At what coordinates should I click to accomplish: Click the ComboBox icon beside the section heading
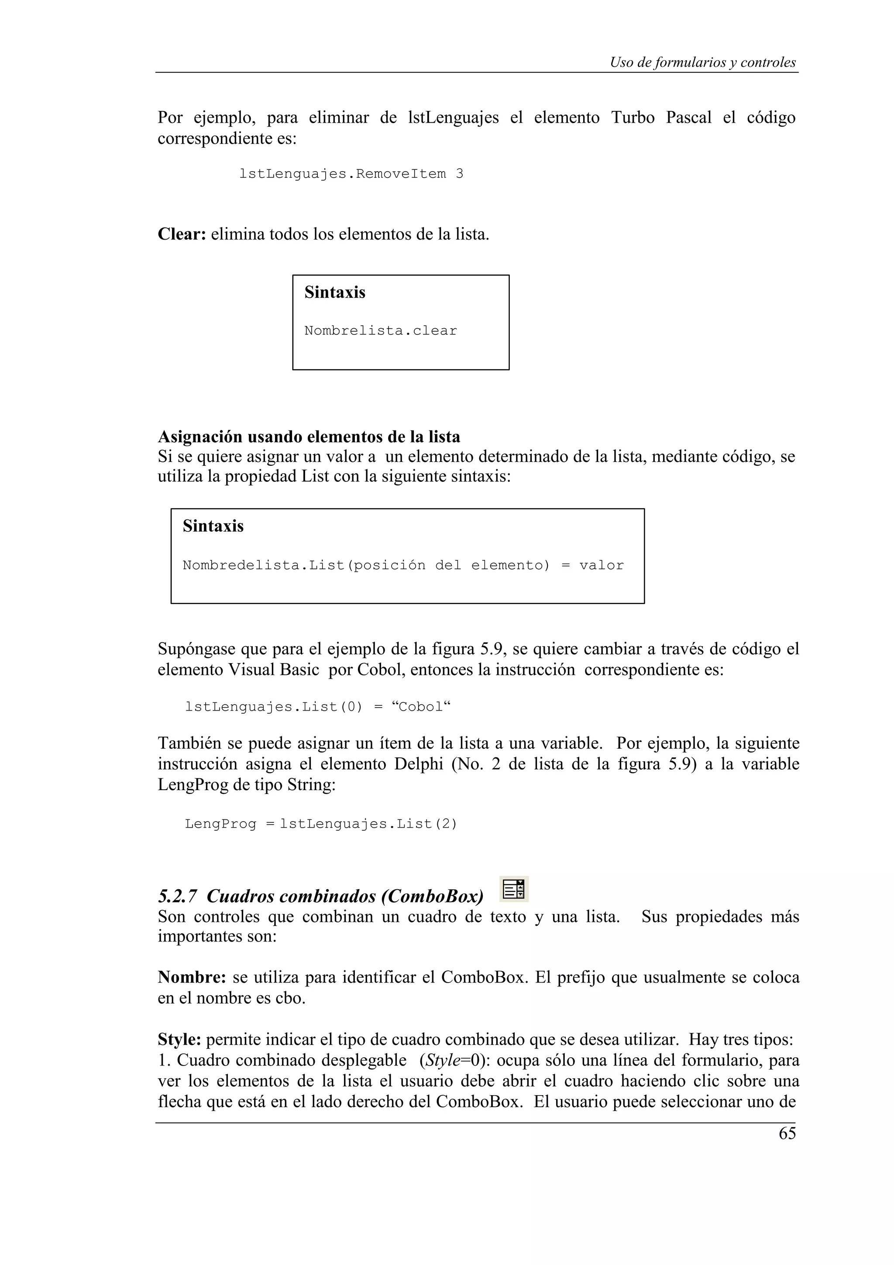(x=514, y=889)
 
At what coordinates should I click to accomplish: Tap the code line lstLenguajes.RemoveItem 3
(x=351, y=174)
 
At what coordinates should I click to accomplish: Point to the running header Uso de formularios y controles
(x=702, y=62)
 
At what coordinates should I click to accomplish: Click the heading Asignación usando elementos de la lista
(x=309, y=437)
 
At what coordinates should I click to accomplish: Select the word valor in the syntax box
(x=601, y=565)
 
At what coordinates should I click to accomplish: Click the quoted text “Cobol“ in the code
(x=421, y=707)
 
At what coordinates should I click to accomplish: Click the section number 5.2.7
(x=177, y=897)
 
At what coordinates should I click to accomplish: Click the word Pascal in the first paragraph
(x=688, y=117)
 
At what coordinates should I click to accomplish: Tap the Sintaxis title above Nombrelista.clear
(x=334, y=292)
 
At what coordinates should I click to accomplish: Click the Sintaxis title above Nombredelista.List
(x=213, y=526)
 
